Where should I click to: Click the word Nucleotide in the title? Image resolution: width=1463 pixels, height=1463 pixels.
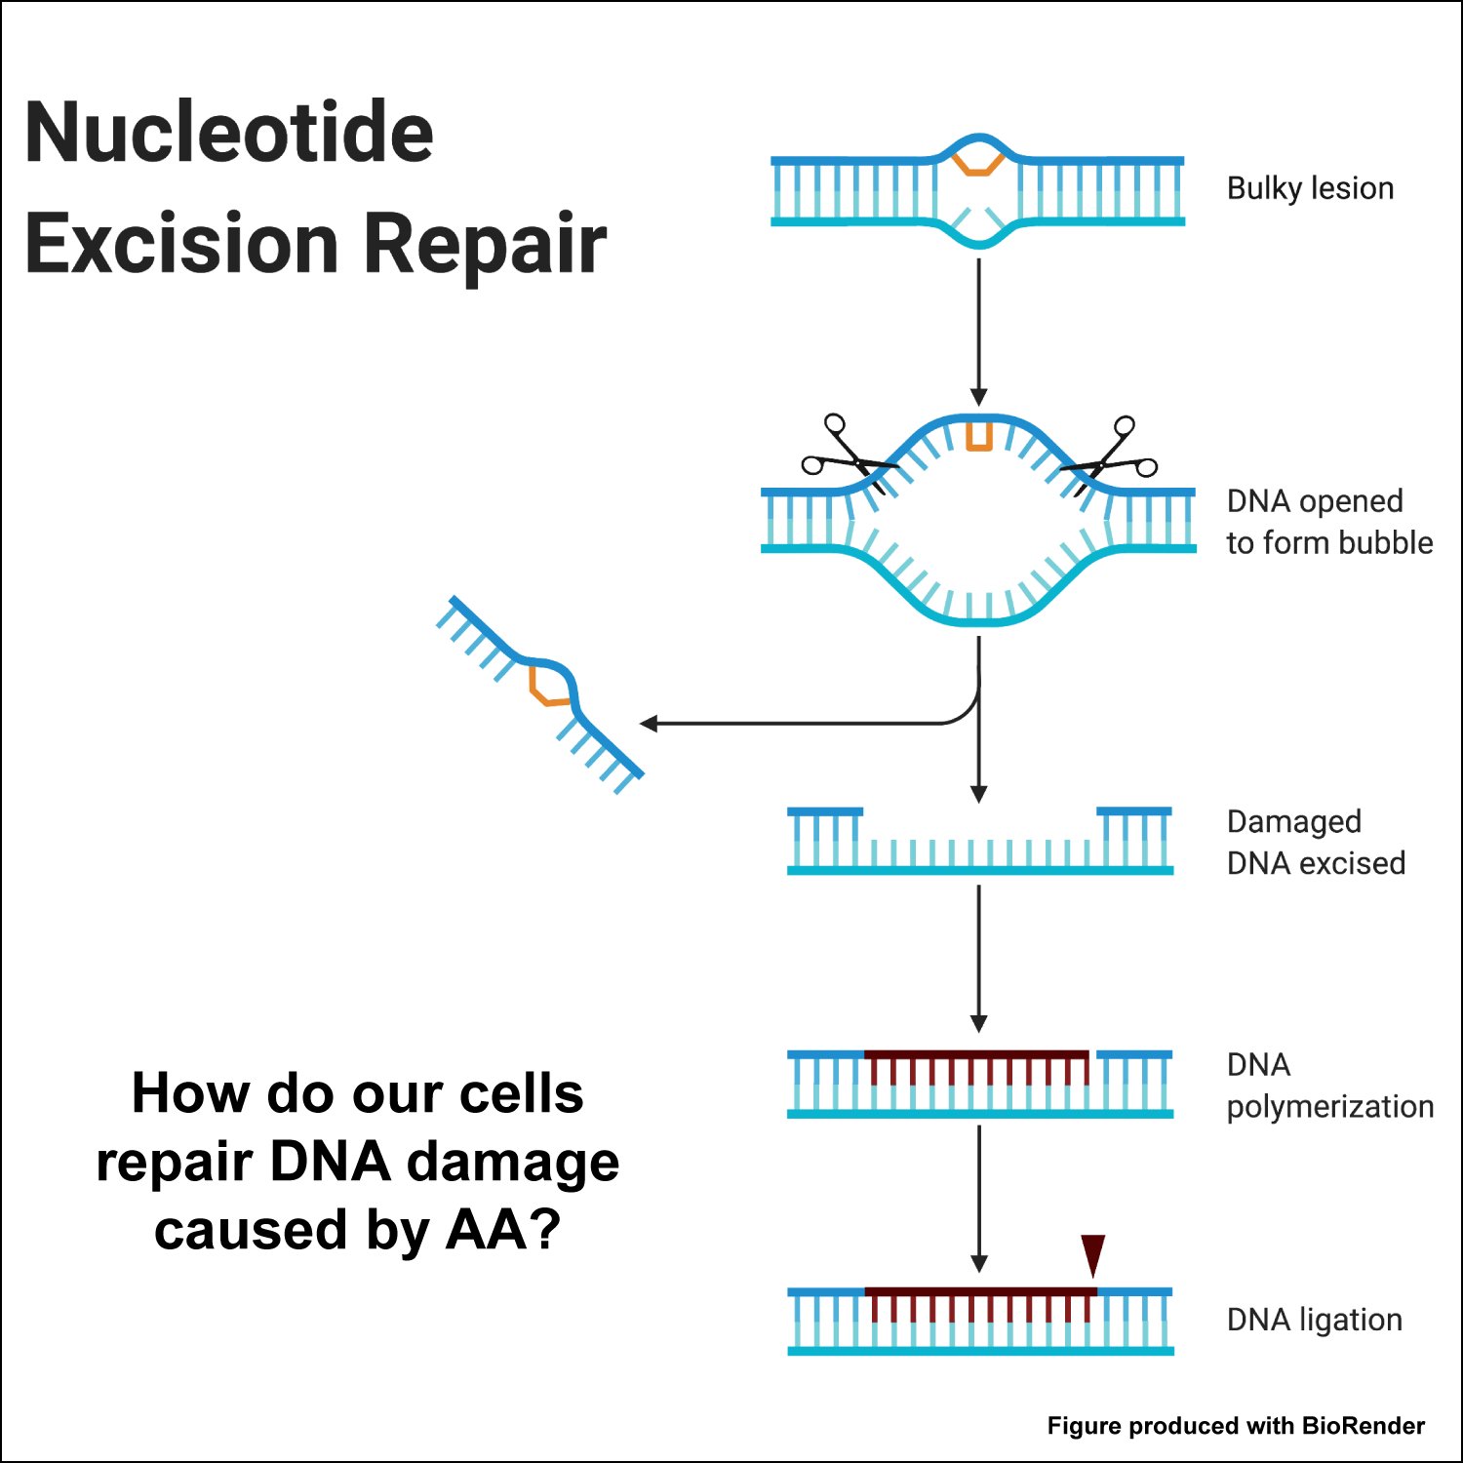[x=229, y=133]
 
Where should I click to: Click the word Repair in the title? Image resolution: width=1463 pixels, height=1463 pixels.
[x=485, y=244]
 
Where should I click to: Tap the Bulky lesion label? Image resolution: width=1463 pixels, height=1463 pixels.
[x=1310, y=187]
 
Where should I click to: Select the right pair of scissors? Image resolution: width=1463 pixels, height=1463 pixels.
[x=1112, y=455]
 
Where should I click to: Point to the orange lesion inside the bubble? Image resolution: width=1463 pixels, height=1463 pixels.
[x=978, y=436]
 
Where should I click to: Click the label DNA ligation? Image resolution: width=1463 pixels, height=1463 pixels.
[x=1314, y=1320]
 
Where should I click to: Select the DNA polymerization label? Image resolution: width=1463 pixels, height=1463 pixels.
[x=1329, y=1086]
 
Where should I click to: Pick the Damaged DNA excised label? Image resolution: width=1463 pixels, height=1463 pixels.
[x=1315, y=843]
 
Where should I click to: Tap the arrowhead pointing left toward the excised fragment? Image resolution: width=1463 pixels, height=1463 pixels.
[x=650, y=724]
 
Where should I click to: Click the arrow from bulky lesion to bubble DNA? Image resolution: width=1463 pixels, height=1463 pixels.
[x=979, y=332]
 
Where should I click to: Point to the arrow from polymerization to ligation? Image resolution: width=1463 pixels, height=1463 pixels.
[x=979, y=1200]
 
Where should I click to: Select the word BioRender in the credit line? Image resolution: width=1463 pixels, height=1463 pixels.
[x=1363, y=1426]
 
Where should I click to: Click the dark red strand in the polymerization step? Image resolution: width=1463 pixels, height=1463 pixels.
[x=975, y=1055]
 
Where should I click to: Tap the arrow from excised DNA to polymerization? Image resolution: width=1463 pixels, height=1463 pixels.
[x=979, y=956]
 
